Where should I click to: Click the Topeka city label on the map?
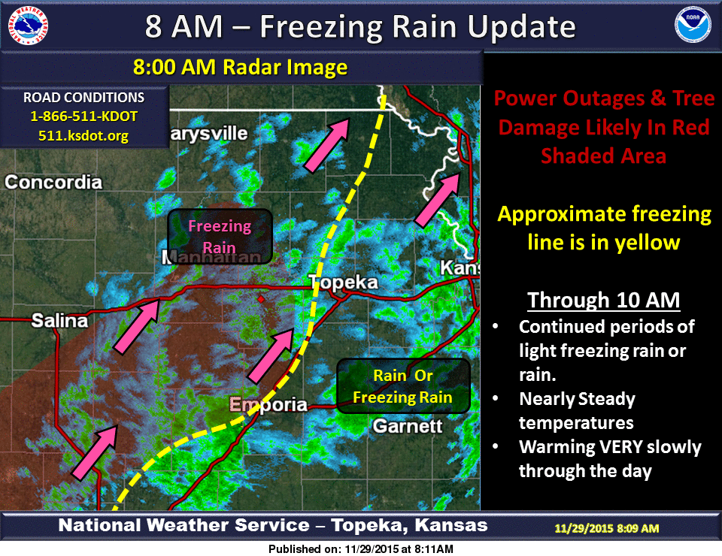tap(343, 283)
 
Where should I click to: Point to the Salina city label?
tap(59, 321)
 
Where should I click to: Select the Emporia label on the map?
tap(268, 405)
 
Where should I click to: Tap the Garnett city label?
tap(407, 427)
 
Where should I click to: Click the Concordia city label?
tap(53, 182)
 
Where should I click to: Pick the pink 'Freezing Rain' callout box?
tap(219, 237)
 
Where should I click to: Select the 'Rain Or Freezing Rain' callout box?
tap(403, 386)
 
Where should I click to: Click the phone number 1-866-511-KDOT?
tap(83, 117)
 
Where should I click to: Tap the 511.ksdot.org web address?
tap(83, 136)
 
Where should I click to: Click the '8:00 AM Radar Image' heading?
tap(240, 68)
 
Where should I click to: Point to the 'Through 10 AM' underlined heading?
tap(603, 301)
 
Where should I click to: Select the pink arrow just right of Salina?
tap(137, 324)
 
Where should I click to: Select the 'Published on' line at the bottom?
tap(361, 549)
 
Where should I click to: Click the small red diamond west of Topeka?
tap(261, 299)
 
